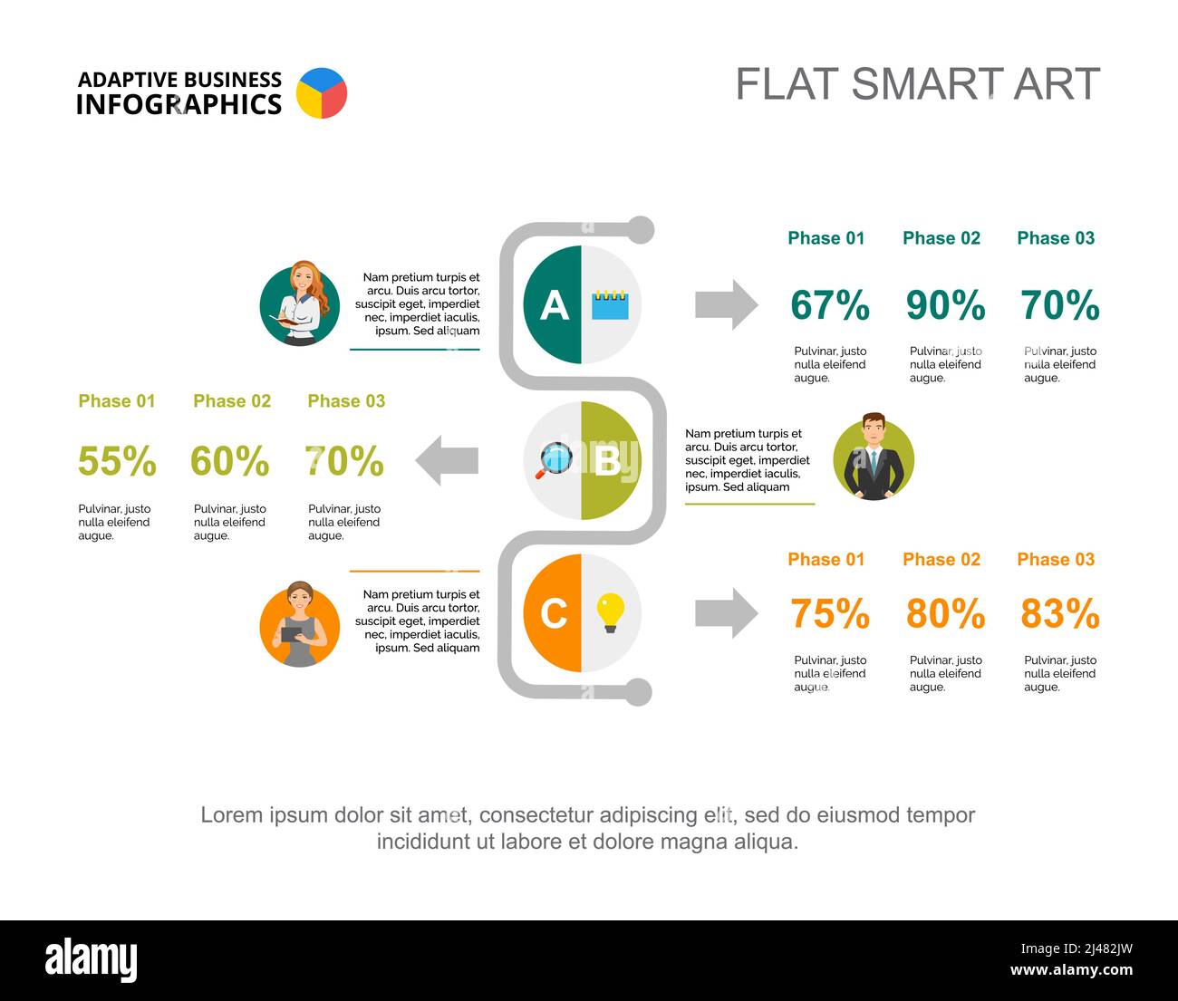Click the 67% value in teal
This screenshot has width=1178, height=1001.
[x=829, y=305]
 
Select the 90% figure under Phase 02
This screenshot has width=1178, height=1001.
[x=945, y=305]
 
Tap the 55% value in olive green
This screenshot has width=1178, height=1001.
[x=117, y=461]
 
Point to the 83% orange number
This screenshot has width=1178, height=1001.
[x=1059, y=614]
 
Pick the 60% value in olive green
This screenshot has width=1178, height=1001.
[x=229, y=461]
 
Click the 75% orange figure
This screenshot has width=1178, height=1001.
[x=829, y=614]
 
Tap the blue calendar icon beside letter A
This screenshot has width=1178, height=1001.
[x=610, y=304]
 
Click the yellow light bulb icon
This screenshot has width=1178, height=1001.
[x=610, y=612]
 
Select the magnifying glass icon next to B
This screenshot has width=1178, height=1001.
[x=554, y=460]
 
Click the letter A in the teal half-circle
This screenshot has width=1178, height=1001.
[x=554, y=305]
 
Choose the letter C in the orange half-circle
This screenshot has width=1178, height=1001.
[x=554, y=613]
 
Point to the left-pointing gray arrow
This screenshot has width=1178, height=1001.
[x=446, y=460]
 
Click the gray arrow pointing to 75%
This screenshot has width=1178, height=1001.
[x=726, y=613]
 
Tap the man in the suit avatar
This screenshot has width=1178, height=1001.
[x=874, y=458]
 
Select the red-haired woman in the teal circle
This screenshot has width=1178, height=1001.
[x=300, y=304]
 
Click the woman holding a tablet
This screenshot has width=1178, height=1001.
[x=300, y=626]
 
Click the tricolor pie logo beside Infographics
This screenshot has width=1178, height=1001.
[x=322, y=92]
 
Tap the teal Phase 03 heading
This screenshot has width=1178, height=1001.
[x=1056, y=238]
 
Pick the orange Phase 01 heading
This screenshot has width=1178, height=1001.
[x=826, y=560]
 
